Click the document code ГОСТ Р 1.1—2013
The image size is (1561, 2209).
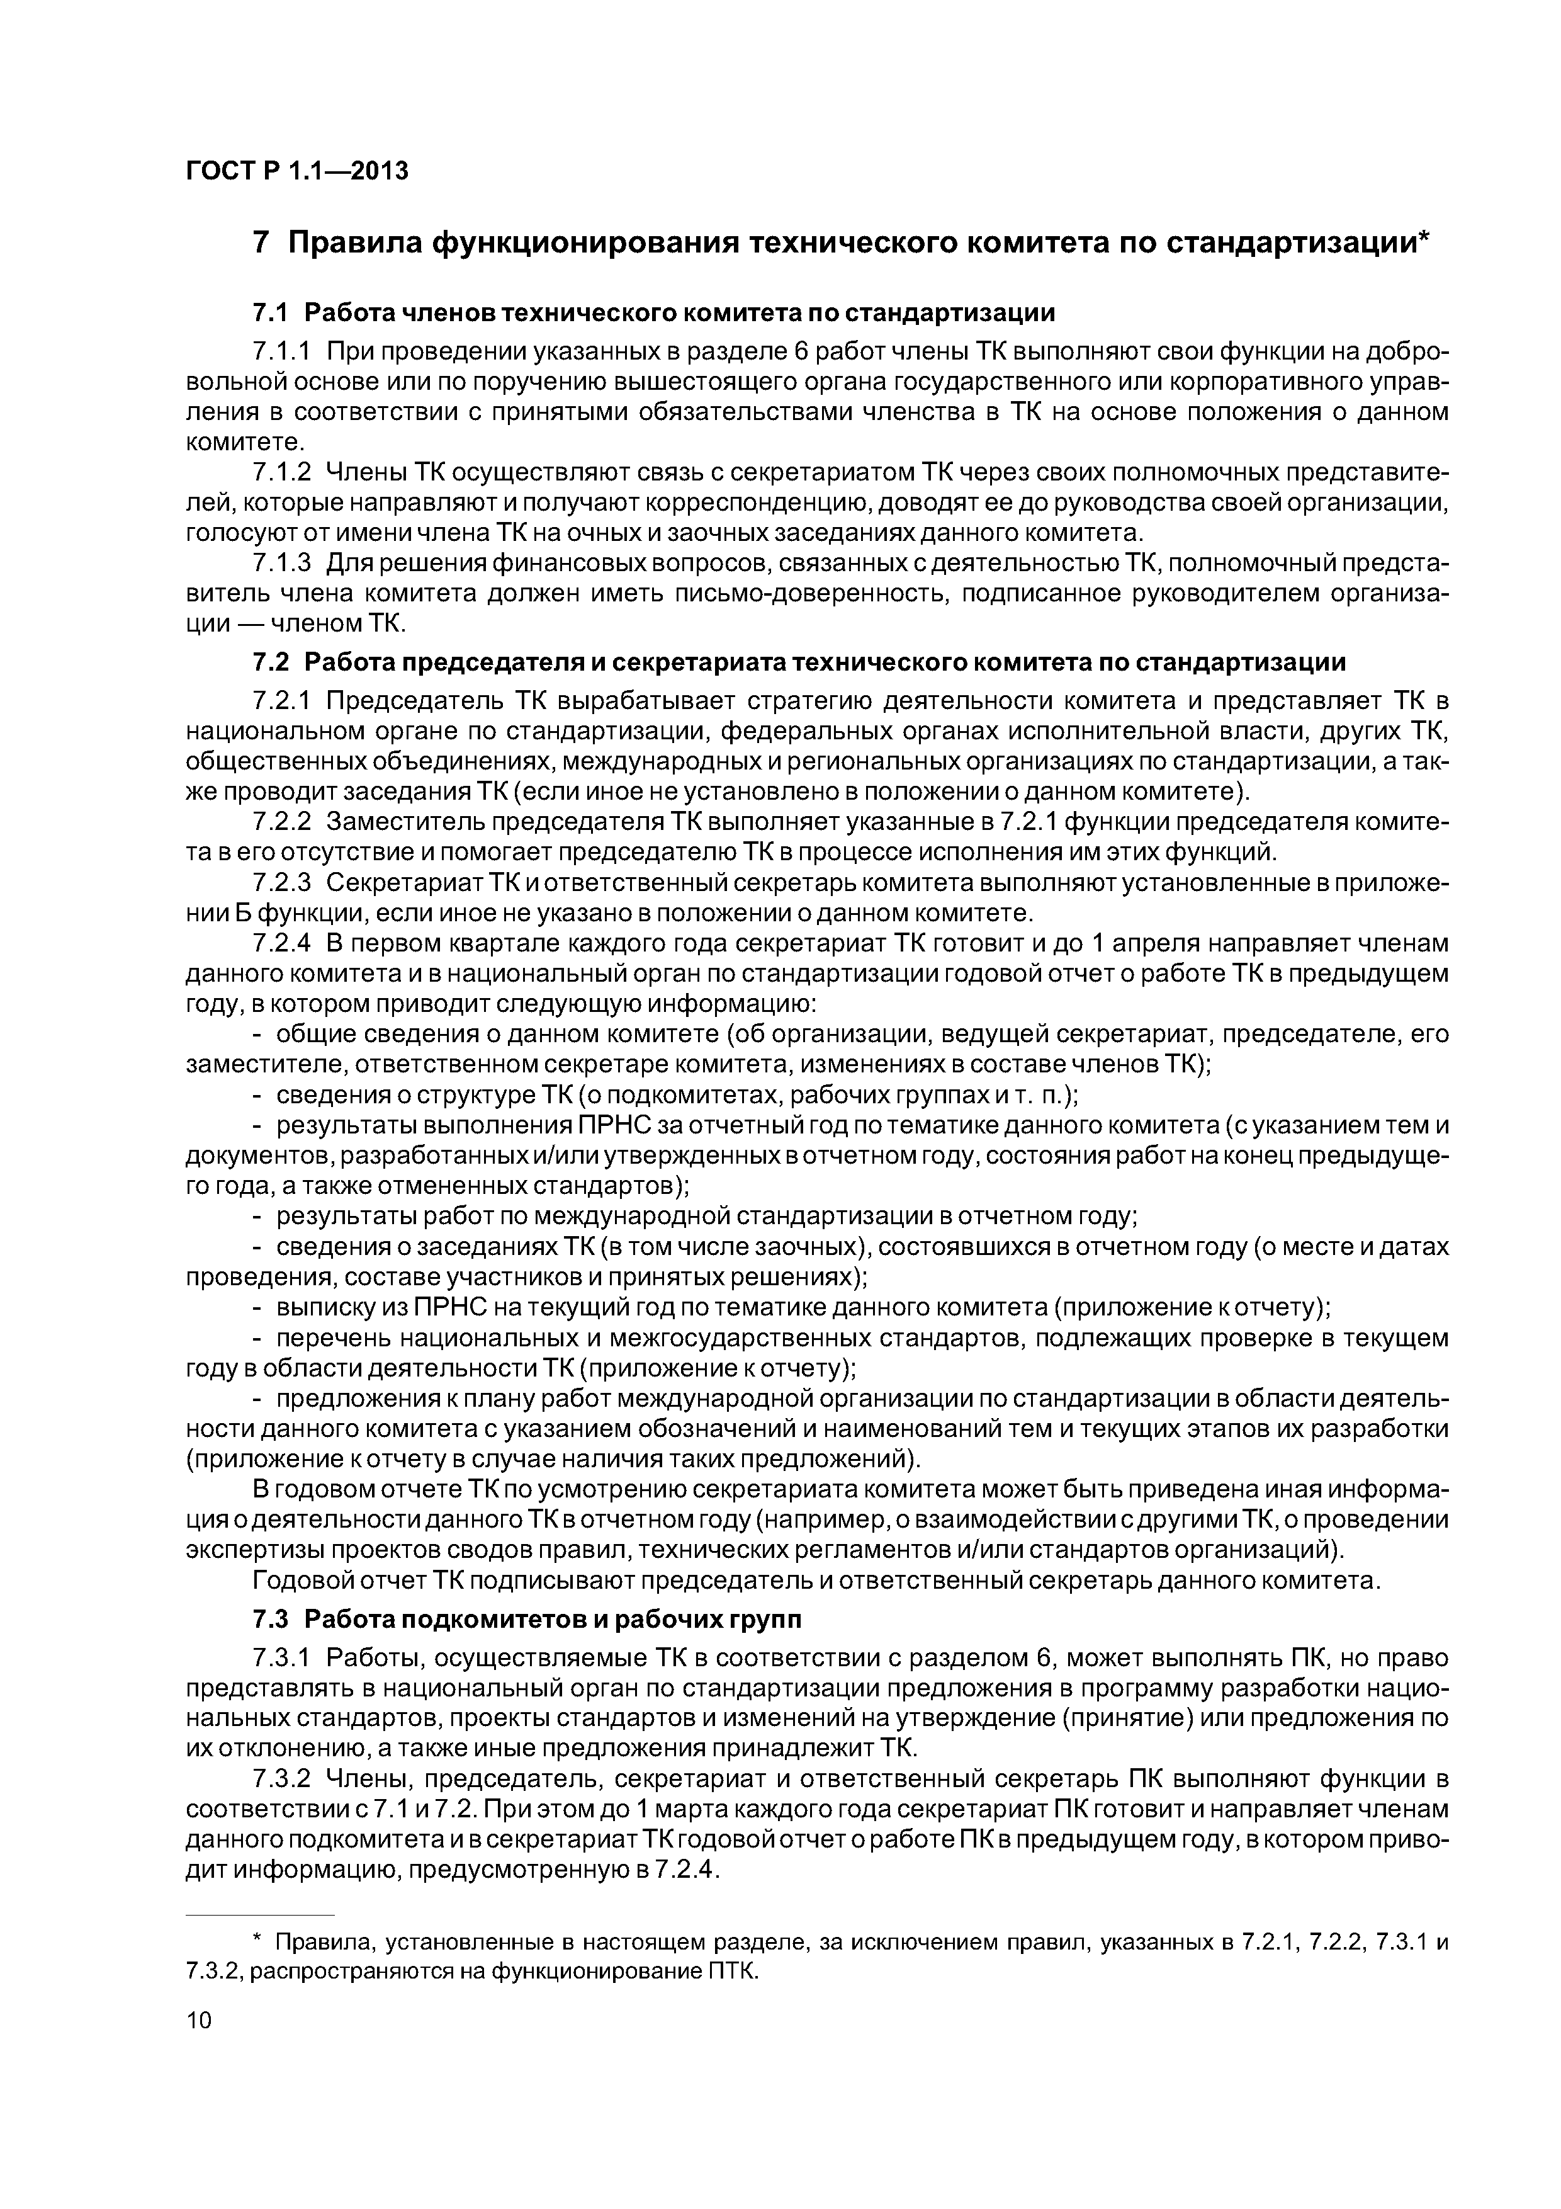[x=296, y=171]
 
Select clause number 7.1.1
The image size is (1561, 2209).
[x=282, y=352]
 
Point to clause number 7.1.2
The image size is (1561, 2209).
[x=282, y=472]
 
